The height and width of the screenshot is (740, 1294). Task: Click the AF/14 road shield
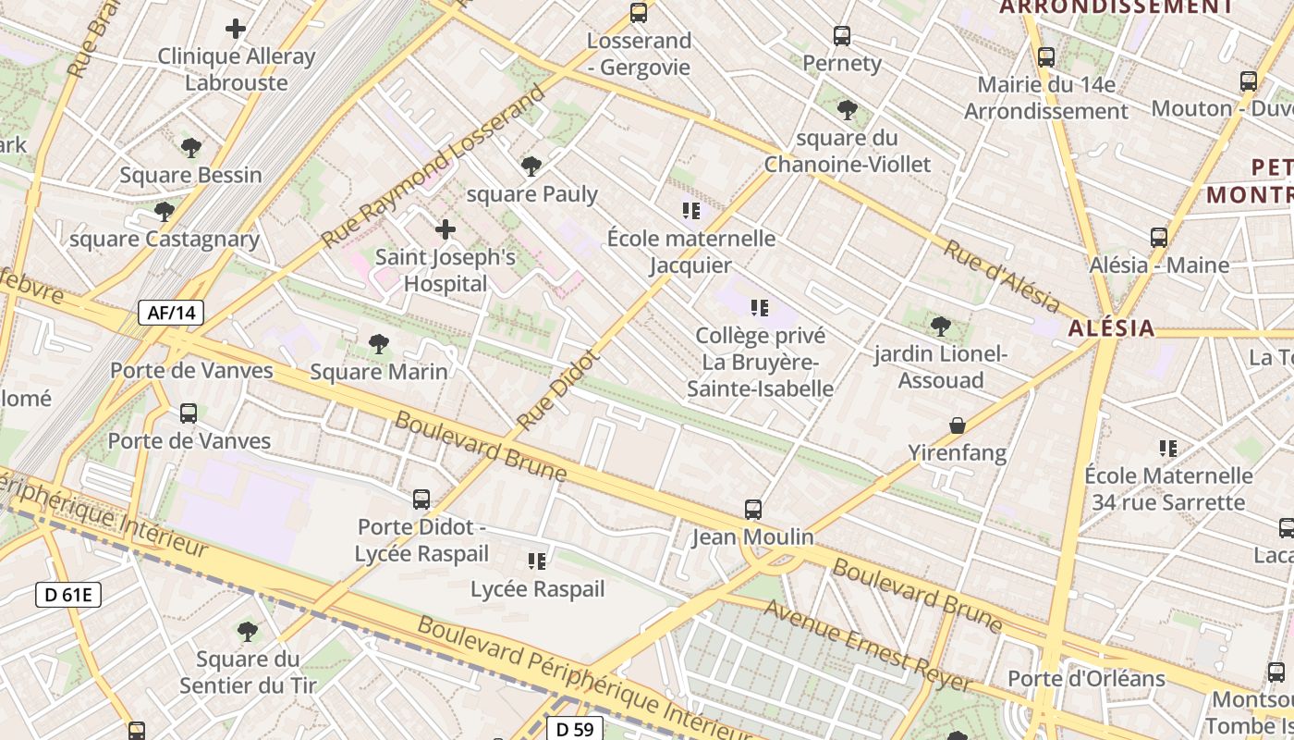tap(171, 313)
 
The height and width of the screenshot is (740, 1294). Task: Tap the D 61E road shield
tap(68, 595)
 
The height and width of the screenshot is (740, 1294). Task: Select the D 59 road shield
tap(574, 729)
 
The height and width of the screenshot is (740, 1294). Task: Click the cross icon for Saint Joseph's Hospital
tap(446, 228)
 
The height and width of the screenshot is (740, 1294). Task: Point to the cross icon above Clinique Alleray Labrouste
tap(236, 29)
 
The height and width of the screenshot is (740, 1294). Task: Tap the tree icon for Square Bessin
tap(191, 147)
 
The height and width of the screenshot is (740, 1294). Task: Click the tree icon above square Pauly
tap(531, 166)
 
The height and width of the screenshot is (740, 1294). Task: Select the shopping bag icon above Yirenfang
tap(958, 425)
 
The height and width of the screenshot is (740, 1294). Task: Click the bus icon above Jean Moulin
tap(753, 509)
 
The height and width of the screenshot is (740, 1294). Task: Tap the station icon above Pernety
tap(841, 36)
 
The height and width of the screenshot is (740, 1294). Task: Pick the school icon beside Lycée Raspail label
tap(537, 561)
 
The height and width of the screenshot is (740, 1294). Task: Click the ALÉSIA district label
tap(1112, 328)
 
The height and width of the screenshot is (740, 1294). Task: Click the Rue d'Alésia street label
tap(1002, 275)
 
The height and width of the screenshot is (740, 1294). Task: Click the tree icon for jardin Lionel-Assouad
tap(941, 326)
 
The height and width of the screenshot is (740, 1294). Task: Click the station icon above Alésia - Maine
tap(1159, 237)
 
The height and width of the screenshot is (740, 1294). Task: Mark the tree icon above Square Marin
tap(378, 344)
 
